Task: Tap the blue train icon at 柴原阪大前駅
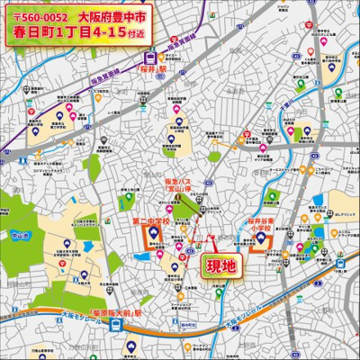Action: [x=119, y=328]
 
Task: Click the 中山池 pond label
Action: [x=22, y=236]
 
